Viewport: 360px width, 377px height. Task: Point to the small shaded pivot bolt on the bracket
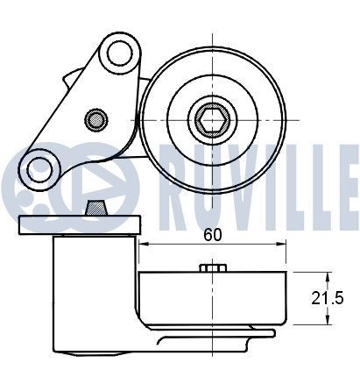point(95,117)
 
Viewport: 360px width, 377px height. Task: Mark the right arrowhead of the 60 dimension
point(281,245)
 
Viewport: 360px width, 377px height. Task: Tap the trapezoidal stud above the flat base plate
point(95,209)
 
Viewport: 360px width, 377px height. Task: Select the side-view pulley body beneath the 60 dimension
point(214,299)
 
